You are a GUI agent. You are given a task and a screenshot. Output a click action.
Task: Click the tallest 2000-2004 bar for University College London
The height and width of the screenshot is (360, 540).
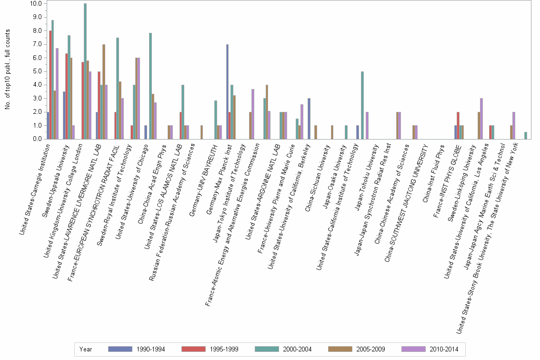85,71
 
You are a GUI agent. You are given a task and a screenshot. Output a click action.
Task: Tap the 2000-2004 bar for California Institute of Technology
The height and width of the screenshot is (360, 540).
362,105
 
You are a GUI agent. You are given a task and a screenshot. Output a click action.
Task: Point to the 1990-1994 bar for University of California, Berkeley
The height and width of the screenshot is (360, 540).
309,119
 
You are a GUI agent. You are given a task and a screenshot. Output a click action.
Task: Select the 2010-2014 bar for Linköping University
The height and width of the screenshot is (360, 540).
481,119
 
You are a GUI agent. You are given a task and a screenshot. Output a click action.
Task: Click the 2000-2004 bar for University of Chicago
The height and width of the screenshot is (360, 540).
150,86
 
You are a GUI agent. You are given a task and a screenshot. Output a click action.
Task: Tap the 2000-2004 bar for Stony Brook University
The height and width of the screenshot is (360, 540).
526,136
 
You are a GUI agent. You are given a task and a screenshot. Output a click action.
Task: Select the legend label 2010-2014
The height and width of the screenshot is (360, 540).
443,349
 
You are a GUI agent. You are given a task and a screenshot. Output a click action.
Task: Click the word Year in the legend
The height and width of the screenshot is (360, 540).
86,349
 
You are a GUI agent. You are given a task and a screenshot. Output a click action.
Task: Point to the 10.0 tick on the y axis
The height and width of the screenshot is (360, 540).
36,4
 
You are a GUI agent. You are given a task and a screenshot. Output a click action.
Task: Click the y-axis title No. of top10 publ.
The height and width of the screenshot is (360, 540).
8,69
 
